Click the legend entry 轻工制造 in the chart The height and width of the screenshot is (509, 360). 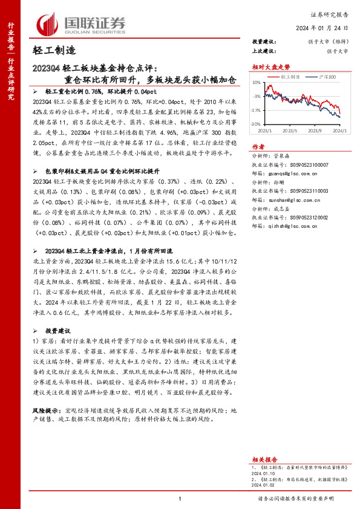(292, 78)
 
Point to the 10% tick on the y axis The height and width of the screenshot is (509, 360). (258, 83)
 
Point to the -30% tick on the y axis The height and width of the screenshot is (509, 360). (257, 124)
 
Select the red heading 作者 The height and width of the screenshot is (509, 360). (258, 147)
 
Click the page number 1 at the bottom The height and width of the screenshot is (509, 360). (180, 499)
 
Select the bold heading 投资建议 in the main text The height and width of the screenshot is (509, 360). (59, 331)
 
